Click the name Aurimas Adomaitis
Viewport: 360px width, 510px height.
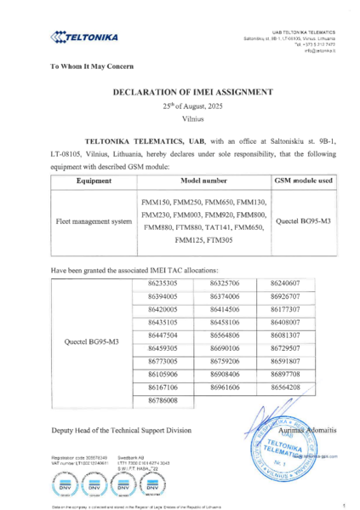click(306, 424)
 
